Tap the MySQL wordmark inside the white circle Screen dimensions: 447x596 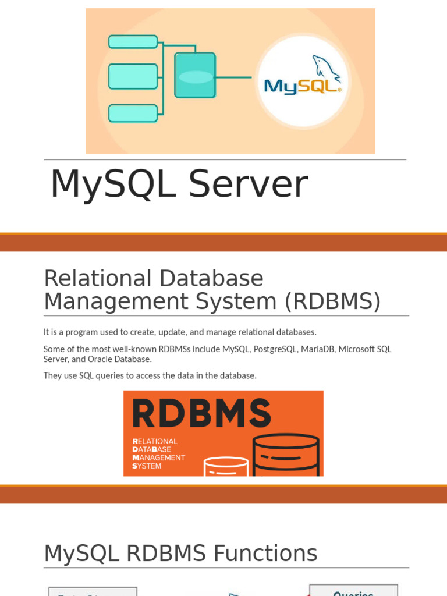click(x=301, y=86)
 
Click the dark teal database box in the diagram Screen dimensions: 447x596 click(x=195, y=75)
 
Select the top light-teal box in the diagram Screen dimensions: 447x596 click(x=133, y=42)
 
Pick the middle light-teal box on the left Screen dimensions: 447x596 click(x=133, y=76)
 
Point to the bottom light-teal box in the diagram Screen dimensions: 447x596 click(x=133, y=113)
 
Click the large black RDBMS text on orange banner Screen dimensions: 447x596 click(x=201, y=413)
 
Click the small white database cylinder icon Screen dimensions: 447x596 click(x=226, y=467)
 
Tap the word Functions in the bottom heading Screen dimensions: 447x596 click(x=271, y=554)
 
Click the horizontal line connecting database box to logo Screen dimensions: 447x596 click(x=234, y=76)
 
